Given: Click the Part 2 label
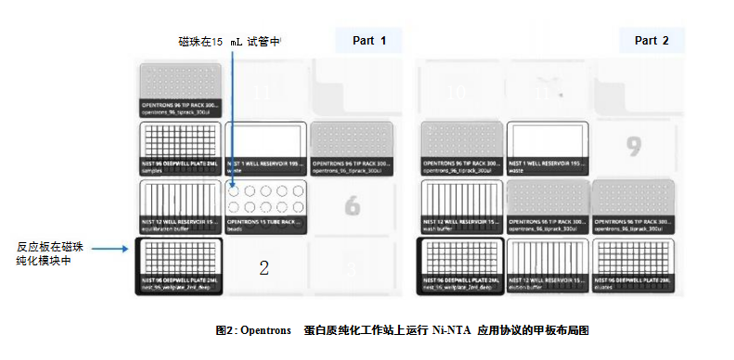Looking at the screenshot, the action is (651, 41).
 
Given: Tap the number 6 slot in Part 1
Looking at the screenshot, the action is (352, 207).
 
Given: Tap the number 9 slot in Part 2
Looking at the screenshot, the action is (634, 146).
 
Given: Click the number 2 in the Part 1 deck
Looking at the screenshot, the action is (264, 269).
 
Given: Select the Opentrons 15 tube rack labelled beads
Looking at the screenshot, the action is (265, 206).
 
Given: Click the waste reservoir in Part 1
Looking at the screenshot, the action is (265, 148).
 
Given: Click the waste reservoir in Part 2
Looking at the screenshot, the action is (547, 148).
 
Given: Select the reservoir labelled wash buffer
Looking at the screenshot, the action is (461, 206).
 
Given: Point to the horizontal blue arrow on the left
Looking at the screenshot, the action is (98, 248).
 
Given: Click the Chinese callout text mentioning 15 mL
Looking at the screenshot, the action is (228, 42).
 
